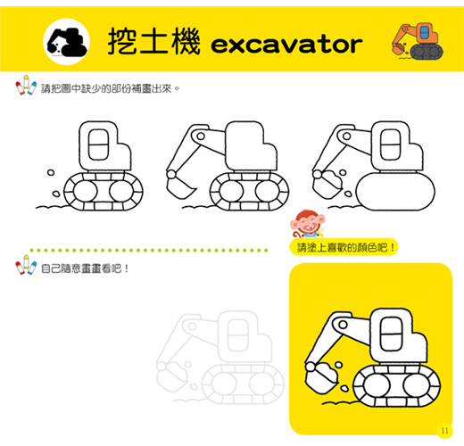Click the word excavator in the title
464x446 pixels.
click(286, 45)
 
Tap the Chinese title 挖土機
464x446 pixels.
click(153, 41)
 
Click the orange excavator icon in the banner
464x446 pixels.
click(418, 41)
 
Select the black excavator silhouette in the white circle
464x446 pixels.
click(67, 43)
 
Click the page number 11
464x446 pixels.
click(444, 431)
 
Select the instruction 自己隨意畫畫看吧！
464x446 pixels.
click(85, 268)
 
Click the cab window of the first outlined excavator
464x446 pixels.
click(98, 145)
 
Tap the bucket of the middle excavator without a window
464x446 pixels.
click(179, 185)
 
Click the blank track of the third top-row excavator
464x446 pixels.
click(395, 192)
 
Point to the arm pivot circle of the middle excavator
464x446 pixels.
click(201, 136)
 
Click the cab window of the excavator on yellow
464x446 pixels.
click(392, 334)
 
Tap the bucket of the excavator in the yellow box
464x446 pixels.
click(321, 378)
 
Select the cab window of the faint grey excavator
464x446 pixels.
click(237, 335)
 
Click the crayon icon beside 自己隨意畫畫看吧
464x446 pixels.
click(26, 265)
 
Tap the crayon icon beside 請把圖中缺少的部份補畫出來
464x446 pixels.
click(26, 85)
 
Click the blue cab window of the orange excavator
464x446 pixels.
click(425, 34)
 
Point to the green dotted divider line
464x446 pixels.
click(149, 251)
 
